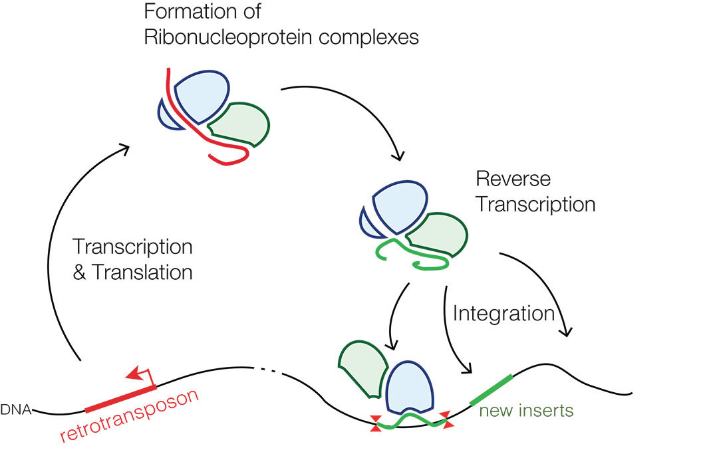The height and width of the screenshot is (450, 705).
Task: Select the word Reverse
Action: [x=513, y=179]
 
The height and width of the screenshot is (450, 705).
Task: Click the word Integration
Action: [x=503, y=314]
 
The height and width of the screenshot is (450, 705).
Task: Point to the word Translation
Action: [x=142, y=273]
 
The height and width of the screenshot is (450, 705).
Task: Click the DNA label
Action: [x=16, y=410]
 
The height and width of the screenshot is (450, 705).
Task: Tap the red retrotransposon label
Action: [x=130, y=416]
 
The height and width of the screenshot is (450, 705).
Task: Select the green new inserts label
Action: [x=526, y=411]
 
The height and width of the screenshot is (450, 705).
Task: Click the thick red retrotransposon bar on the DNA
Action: [x=120, y=398]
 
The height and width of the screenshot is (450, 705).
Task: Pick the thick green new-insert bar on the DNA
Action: [x=491, y=390]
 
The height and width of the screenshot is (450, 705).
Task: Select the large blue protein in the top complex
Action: [x=201, y=96]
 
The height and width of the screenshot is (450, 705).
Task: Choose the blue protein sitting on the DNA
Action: [x=410, y=387]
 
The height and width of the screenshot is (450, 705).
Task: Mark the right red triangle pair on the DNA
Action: [x=446, y=419]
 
